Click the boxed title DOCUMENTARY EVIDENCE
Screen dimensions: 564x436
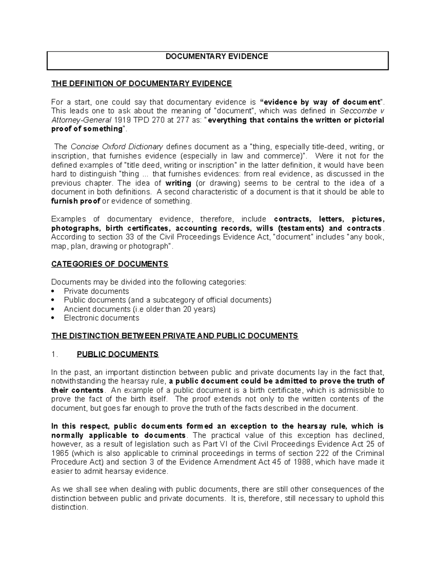[217, 57]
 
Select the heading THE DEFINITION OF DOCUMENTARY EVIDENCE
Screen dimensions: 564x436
[141, 84]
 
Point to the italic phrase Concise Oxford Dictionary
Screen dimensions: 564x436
[117, 147]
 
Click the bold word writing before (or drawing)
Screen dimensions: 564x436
[178, 183]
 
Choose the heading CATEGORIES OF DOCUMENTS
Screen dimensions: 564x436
[110, 264]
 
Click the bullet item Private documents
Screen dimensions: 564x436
[96, 291]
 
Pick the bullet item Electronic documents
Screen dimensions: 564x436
[101, 318]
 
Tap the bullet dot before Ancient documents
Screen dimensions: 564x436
[53, 309]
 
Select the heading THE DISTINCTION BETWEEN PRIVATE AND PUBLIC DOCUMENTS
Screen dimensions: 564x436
[174, 336]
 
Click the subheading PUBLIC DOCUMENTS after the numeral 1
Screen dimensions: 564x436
[118, 354]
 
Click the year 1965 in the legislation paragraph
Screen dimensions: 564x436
[60, 454]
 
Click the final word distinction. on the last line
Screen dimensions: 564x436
[69, 507]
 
